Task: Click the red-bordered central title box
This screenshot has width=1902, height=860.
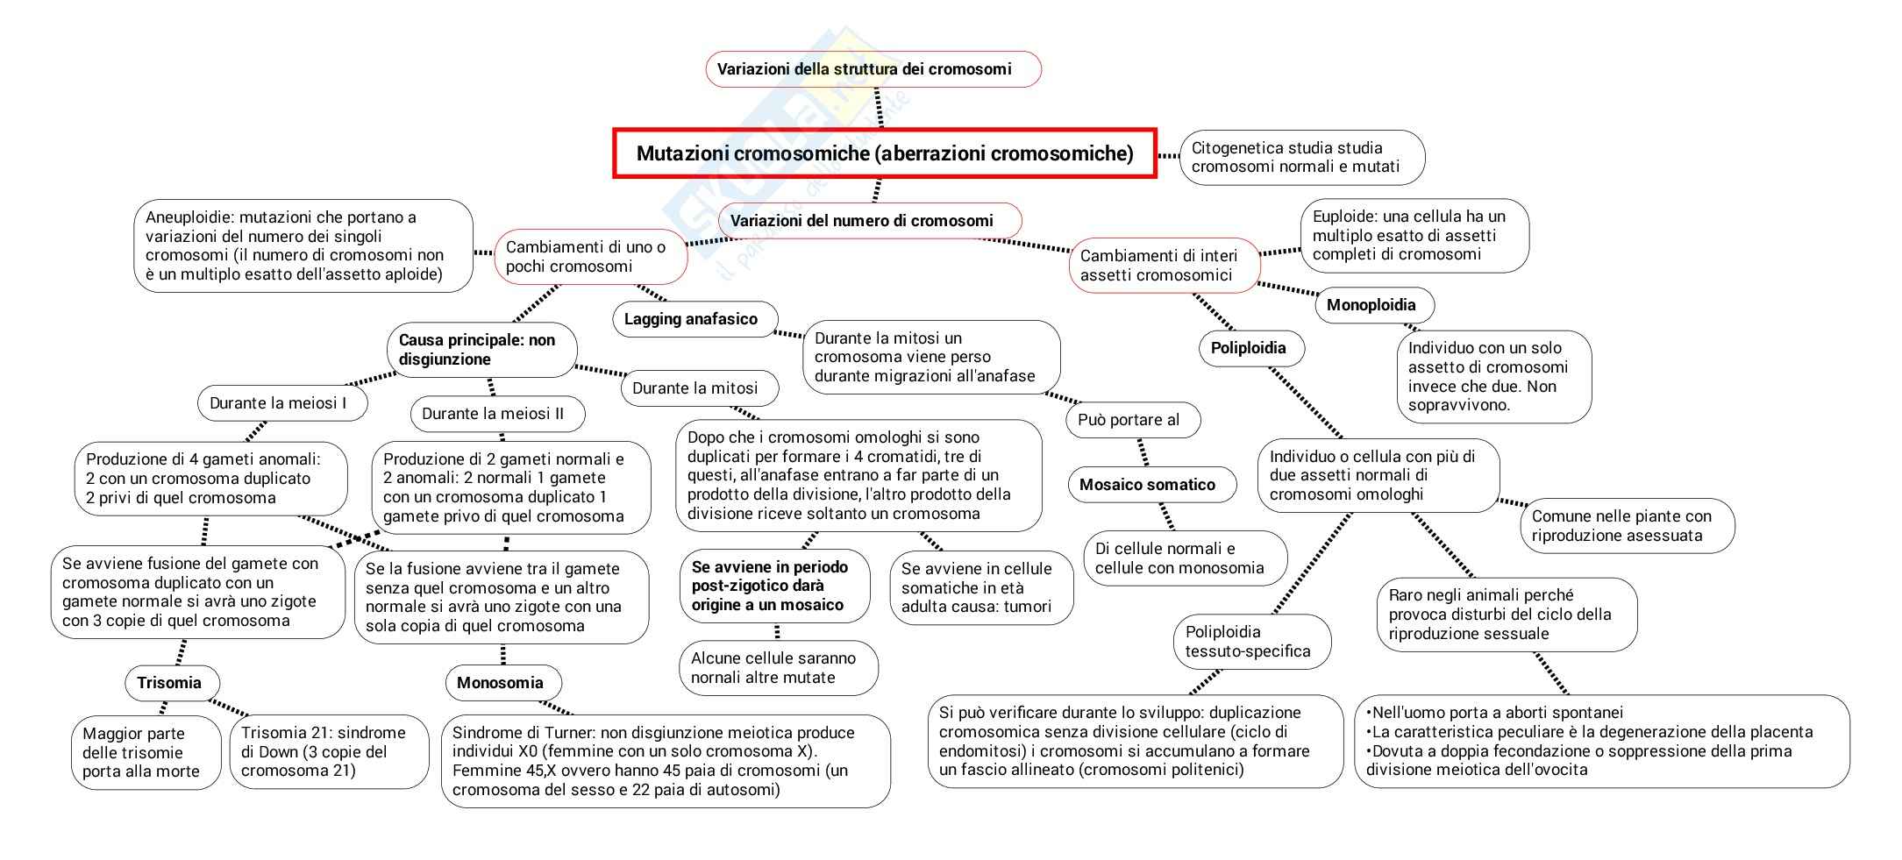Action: [884, 153]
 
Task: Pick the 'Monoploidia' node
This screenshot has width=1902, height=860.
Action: [1374, 305]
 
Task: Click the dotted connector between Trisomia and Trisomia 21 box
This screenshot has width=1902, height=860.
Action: [228, 707]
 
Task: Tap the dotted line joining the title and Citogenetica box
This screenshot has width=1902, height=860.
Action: [1169, 156]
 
